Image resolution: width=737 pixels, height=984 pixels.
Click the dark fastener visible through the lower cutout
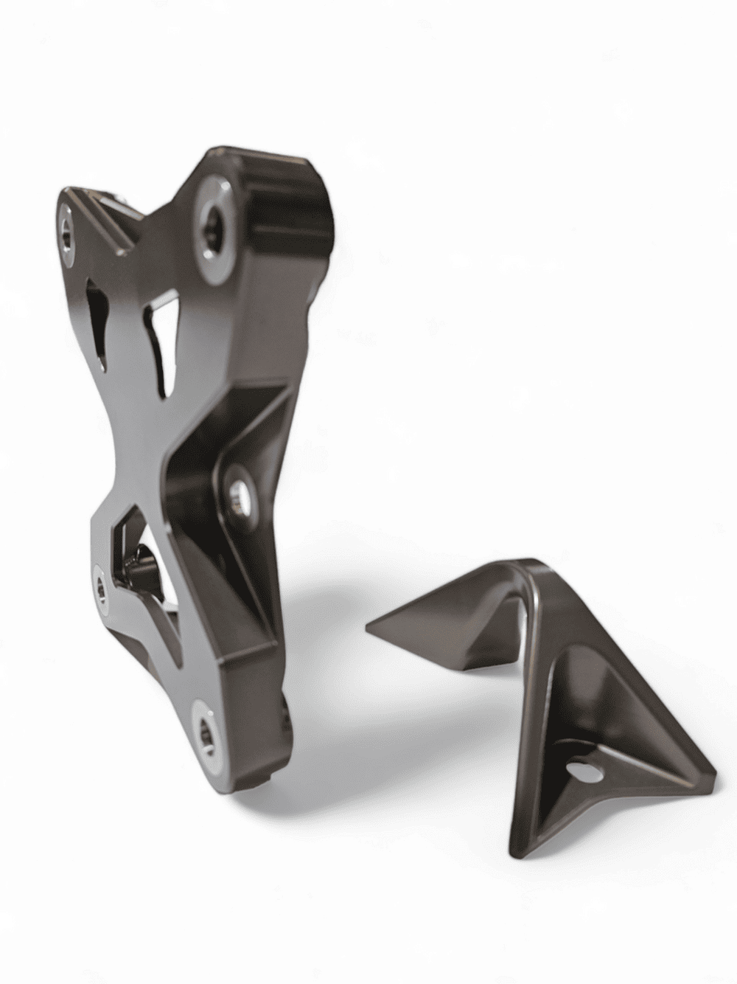pos(140,568)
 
